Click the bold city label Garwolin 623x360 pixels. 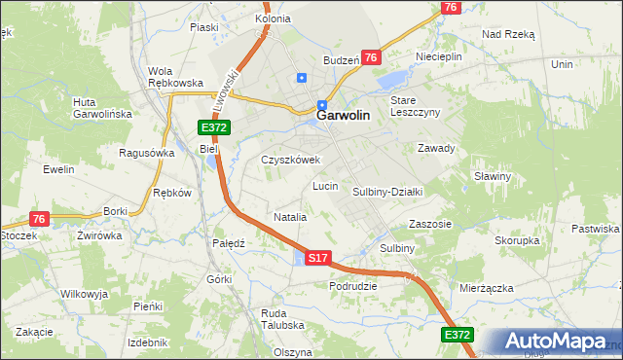(343, 114)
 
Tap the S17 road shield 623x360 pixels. (318, 258)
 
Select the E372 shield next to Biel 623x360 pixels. (214, 128)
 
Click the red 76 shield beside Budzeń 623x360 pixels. (371, 58)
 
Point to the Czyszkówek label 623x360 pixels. (290, 160)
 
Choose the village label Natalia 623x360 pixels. (290, 217)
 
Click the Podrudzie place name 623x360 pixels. (352, 286)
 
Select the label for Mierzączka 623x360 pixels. (486, 289)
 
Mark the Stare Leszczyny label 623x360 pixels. (416, 106)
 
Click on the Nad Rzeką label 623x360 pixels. (508, 33)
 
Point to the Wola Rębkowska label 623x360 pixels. (174, 77)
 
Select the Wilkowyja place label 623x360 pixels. (84, 293)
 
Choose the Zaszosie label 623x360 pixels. (430, 223)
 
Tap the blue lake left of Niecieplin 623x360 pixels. (393, 79)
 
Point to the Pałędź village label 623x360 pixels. (228, 243)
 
